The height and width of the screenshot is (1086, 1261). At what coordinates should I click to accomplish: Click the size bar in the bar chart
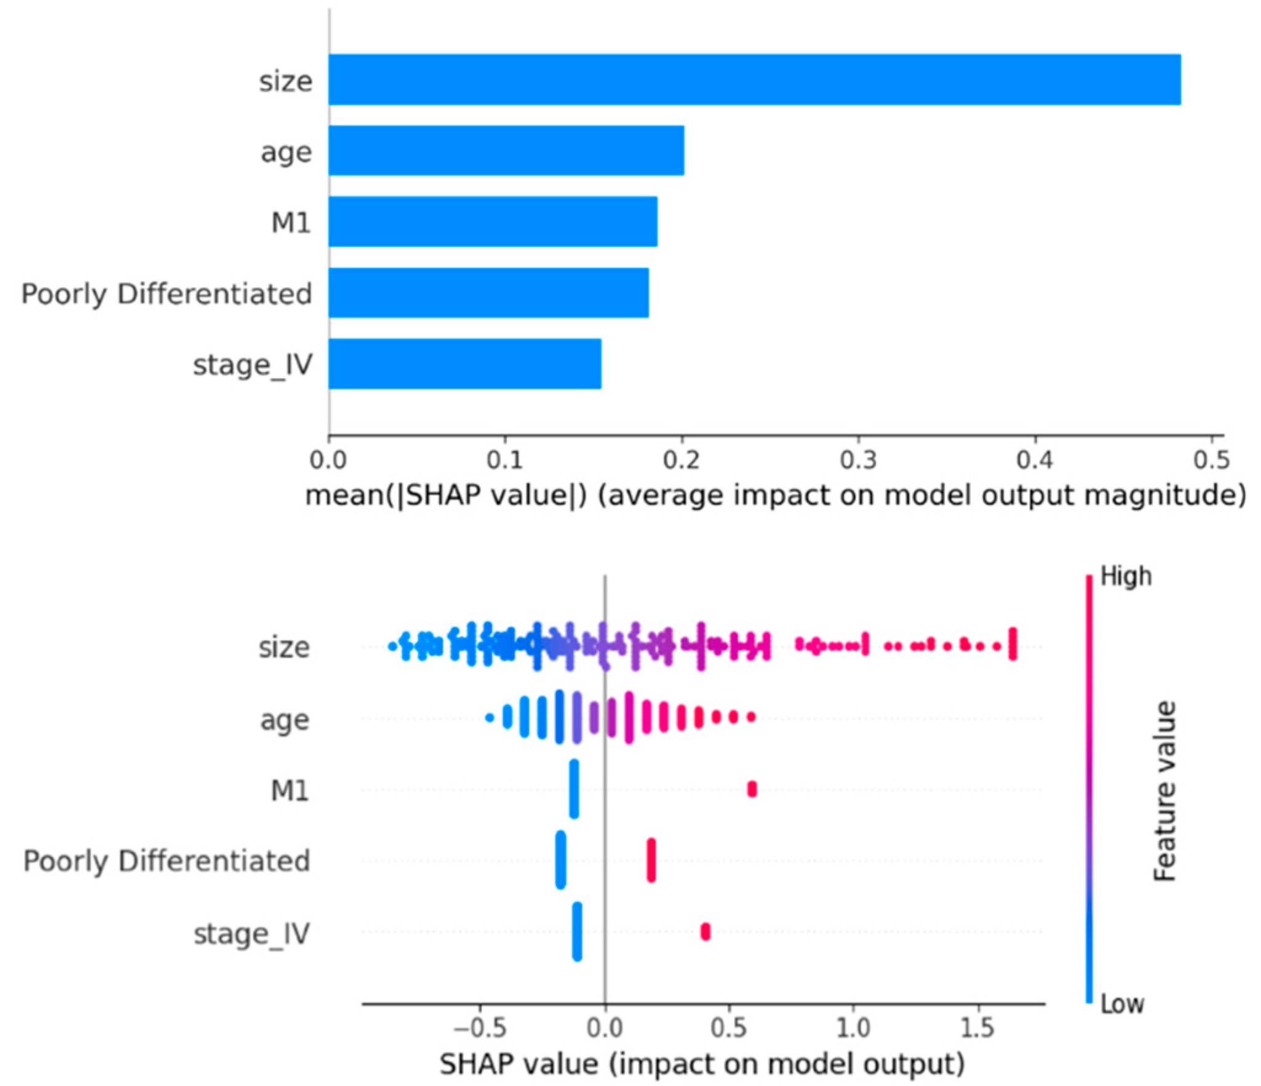pos(754,80)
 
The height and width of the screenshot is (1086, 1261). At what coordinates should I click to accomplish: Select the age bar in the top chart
pos(506,151)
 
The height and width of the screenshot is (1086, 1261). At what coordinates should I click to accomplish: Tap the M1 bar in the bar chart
pos(492,221)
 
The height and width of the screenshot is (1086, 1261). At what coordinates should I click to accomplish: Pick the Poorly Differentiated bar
pos(488,293)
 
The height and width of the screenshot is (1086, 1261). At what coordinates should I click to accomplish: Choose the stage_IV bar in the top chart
pos(464,363)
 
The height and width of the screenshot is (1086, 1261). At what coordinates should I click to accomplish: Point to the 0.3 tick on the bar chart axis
pos(858,460)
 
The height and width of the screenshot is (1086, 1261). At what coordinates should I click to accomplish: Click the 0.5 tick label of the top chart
pos(1211,460)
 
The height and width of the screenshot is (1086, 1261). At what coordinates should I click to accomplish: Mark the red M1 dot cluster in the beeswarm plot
pos(751,789)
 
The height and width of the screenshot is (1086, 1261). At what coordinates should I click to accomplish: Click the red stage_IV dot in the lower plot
pos(705,932)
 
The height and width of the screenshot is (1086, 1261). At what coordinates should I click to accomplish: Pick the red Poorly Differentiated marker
pos(651,860)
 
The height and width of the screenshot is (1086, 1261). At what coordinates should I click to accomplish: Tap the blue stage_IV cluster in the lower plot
pos(576,931)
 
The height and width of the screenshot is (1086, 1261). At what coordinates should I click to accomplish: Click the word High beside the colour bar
pos(1125,577)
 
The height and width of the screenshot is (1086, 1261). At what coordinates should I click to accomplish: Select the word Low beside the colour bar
pos(1121,1004)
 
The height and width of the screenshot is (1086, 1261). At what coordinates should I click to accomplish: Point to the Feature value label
pos(1164,791)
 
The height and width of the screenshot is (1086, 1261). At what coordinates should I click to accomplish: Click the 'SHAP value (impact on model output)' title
pos(702,1063)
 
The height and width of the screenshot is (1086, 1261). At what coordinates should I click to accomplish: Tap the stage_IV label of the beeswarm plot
pos(251,933)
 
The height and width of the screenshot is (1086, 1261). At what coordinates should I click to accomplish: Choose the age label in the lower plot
pos(284,719)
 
